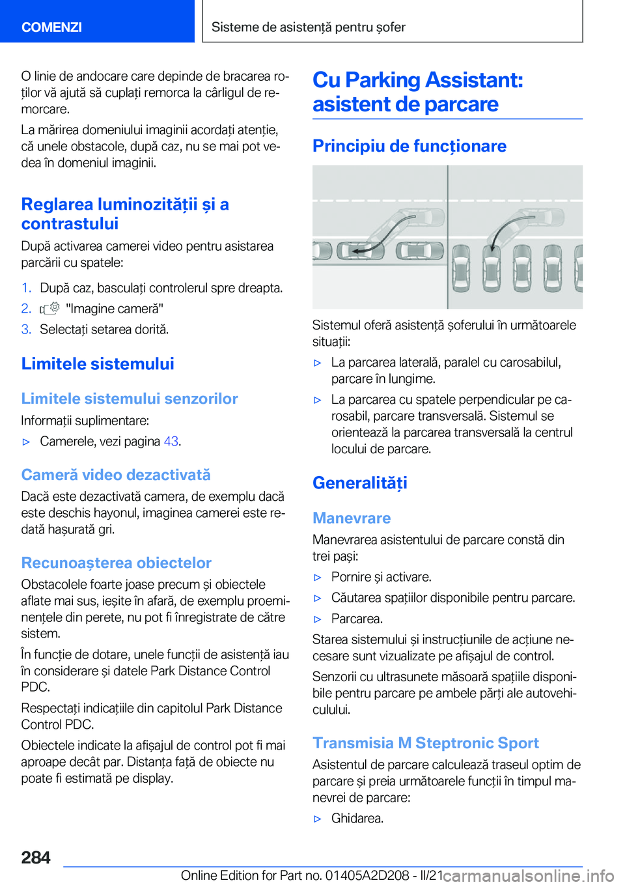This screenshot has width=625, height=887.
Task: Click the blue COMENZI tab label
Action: click(x=51, y=27)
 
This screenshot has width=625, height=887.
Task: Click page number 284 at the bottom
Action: click(x=36, y=858)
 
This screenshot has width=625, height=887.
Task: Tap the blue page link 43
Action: click(x=171, y=442)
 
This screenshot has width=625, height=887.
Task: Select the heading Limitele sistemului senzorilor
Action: click(x=130, y=399)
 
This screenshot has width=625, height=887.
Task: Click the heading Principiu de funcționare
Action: click(x=409, y=146)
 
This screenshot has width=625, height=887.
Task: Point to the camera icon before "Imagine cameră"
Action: click(x=49, y=309)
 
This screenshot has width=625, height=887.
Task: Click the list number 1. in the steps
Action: click(x=26, y=288)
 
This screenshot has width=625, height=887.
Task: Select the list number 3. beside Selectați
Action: click(x=26, y=330)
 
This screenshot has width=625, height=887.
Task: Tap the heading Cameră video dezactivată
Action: click(x=116, y=475)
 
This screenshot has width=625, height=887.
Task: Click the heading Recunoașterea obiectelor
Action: click(x=117, y=563)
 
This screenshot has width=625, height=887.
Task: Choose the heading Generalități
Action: click(x=360, y=483)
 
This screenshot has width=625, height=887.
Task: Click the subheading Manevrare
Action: click(x=352, y=518)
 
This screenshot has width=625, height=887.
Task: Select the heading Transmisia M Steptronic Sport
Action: click(x=426, y=743)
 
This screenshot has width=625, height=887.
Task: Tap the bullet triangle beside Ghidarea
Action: click(x=318, y=819)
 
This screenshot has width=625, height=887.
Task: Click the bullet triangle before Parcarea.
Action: click(x=318, y=619)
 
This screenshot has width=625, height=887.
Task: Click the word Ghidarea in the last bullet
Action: click(x=357, y=819)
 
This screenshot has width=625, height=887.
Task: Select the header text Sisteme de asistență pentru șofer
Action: click(x=308, y=27)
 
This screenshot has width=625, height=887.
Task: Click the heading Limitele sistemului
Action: click(x=98, y=364)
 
